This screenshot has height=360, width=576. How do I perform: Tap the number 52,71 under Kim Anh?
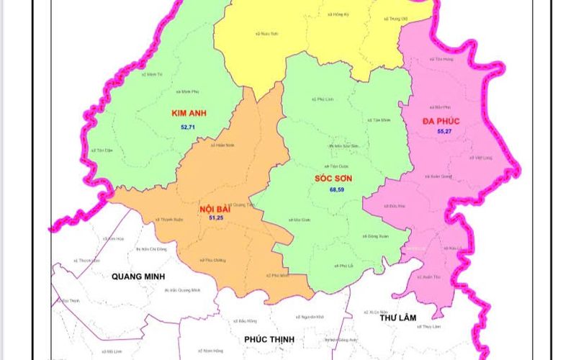point(188,127)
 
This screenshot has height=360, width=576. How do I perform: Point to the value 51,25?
point(216,217)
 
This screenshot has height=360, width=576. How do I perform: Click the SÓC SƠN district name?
point(337,177)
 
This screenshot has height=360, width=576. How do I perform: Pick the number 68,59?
point(337,189)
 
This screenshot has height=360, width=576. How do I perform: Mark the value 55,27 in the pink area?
point(445,132)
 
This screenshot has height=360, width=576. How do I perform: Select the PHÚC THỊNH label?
point(270,339)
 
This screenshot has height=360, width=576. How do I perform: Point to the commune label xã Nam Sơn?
point(268,33)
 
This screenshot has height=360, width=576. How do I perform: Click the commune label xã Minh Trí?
point(153,74)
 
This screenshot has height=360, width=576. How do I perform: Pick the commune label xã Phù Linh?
point(323,99)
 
